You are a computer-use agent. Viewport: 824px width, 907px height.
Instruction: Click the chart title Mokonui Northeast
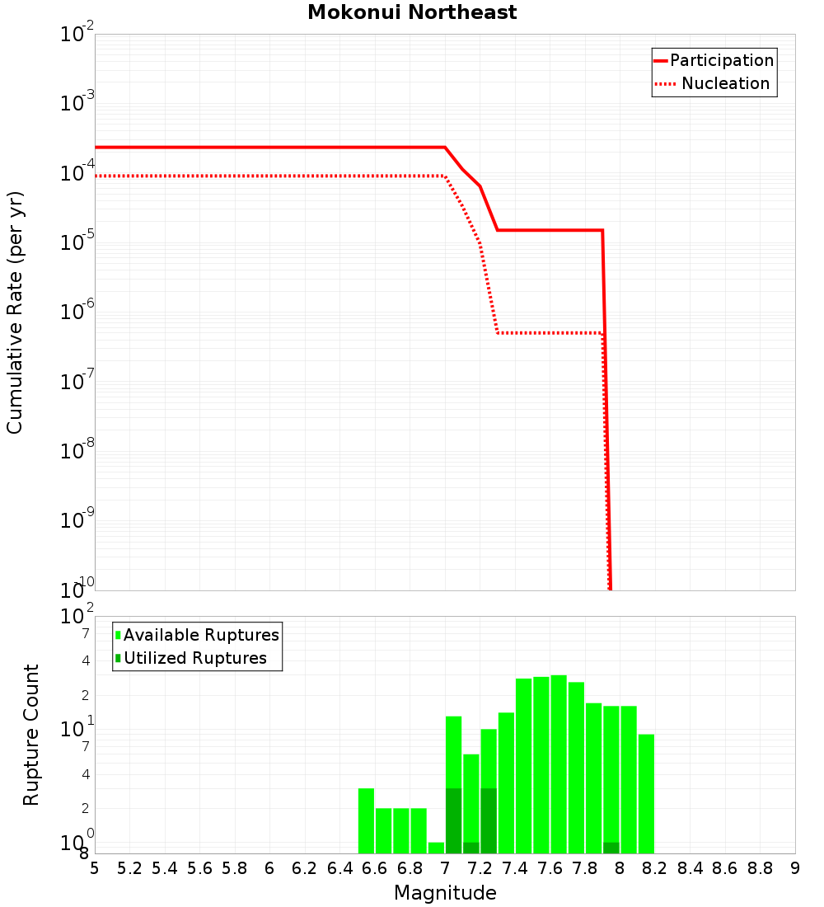click(x=412, y=13)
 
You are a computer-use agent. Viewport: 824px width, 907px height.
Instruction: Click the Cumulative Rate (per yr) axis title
click(x=15, y=313)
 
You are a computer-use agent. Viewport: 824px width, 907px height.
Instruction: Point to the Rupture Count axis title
click(x=31, y=735)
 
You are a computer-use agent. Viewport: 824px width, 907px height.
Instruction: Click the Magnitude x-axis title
click(x=445, y=893)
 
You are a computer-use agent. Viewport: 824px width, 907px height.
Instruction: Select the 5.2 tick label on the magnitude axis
click(x=129, y=867)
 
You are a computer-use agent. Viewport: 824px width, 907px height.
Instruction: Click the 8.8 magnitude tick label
click(x=760, y=867)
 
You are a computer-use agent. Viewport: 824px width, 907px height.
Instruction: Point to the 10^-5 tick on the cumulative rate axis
click(x=77, y=242)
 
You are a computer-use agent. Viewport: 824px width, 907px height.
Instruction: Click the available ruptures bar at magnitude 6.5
click(x=366, y=820)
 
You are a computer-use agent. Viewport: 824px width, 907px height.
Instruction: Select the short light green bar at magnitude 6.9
click(x=436, y=848)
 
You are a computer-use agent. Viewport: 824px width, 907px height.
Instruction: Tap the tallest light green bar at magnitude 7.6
click(x=559, y=764)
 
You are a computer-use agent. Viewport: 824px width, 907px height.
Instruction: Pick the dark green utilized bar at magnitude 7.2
click(x=489, y=820)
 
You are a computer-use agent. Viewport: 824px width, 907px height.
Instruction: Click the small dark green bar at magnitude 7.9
click(x=611, y=848)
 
